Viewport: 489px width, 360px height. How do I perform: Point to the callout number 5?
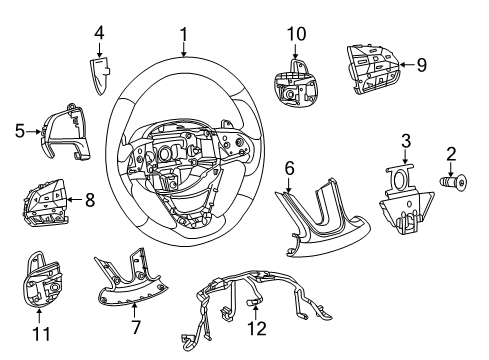pos(20,128)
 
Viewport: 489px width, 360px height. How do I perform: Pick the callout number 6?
pos(289,169)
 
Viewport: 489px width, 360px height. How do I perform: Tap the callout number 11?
pos(39,329)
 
